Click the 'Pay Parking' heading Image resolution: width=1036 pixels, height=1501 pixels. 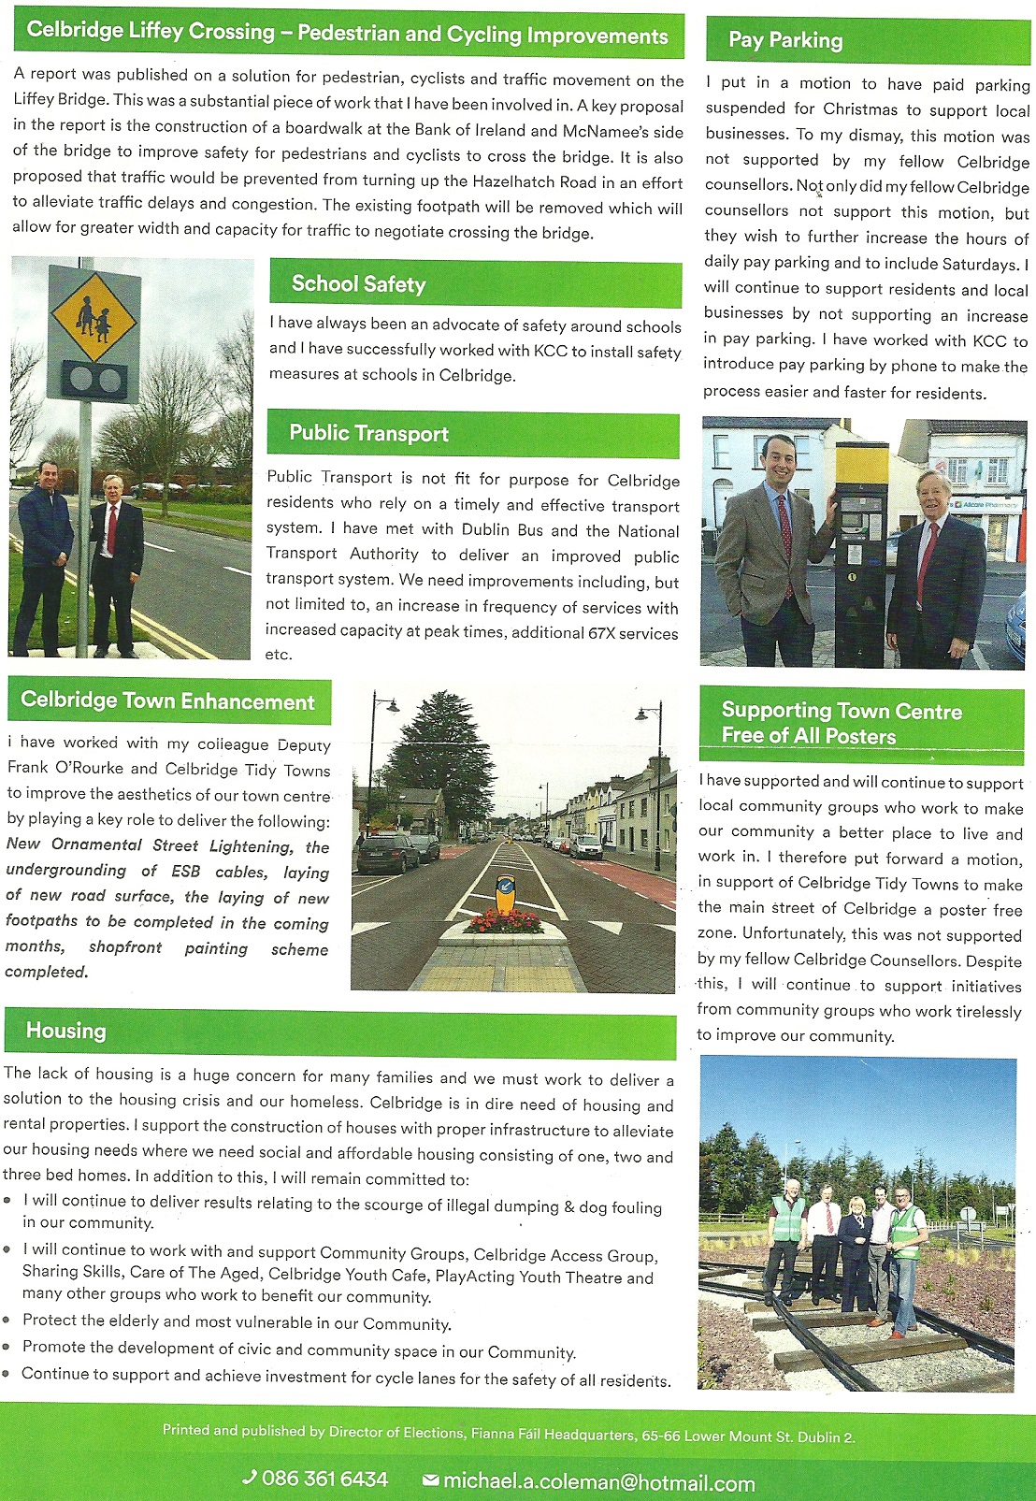pos(785,40)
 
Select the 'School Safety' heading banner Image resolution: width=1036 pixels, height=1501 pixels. pos(358,284)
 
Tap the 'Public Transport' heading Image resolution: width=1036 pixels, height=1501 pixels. pos(368,433)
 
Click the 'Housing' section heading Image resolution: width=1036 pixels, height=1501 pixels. pos(66,1031)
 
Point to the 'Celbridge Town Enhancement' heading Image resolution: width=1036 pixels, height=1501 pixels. pos(167,701)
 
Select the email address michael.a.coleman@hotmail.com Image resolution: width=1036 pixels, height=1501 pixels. pos(598,1483)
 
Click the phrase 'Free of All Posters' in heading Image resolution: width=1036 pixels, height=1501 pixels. pos(808,736)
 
